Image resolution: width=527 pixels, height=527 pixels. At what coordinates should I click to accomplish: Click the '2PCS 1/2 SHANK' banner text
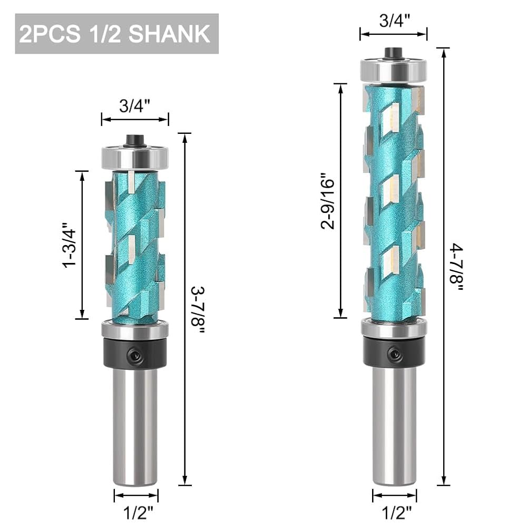114,34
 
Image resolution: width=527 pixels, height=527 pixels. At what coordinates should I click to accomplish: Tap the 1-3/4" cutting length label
69,245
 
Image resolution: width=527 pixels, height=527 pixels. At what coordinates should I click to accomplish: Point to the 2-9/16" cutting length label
328,201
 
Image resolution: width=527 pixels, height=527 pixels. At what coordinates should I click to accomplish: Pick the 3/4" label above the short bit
134,106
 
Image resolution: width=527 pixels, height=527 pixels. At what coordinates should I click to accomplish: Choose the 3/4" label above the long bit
395,21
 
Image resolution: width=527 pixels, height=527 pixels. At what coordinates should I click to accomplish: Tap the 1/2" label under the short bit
138,513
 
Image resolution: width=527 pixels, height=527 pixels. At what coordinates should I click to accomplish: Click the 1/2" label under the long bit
397,513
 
